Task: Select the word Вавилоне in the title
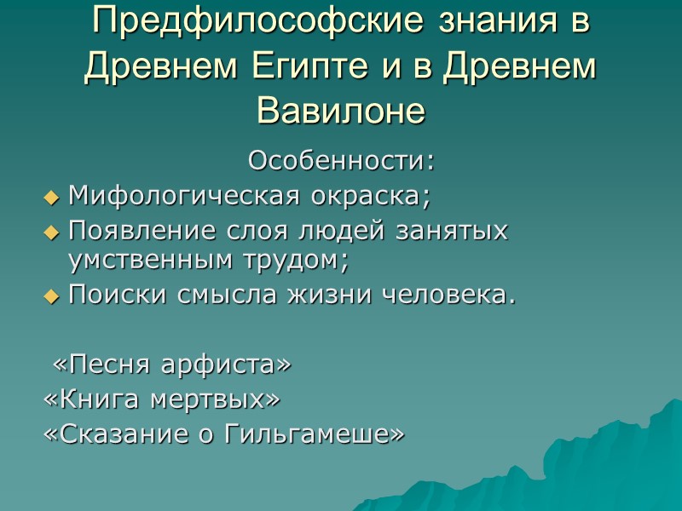click(340, 110)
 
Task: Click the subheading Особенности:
click(341, 160)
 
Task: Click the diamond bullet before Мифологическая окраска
click(52, 198)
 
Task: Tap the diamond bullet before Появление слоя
click(52, 233)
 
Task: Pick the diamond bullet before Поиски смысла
click(52, 297)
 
